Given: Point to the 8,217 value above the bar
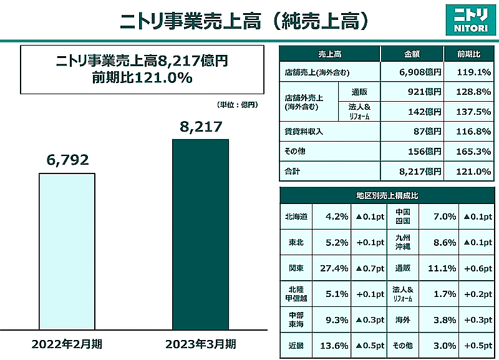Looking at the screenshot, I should (200, 128).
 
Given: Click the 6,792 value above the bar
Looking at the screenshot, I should (67, 161).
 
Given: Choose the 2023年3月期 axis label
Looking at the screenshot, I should (201, 344).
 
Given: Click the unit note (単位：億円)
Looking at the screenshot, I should (236, 105).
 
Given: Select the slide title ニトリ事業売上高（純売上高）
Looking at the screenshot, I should (243, 21).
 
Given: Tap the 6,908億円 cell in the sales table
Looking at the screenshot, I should (420, 72).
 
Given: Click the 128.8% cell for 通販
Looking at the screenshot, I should (473, 92).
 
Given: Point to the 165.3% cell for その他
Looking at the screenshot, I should (473, 152).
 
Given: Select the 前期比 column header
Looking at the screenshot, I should (469, 54).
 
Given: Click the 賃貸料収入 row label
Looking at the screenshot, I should (300, 132).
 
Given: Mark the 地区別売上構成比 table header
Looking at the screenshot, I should (387, 195).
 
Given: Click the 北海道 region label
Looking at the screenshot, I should (295, 216).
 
